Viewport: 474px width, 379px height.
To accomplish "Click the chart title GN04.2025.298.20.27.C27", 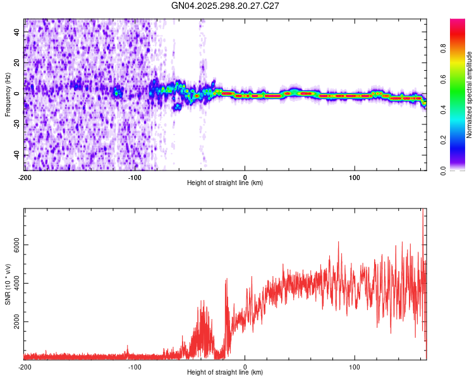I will (226, 6).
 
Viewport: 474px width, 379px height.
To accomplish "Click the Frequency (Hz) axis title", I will (8, 95).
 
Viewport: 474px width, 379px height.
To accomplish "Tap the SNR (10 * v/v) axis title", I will (8, 284).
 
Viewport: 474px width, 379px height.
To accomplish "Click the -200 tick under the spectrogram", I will (25, 176).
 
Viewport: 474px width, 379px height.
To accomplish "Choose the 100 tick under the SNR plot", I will (355, 366).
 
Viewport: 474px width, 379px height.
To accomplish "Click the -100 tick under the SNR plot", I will (135, 366).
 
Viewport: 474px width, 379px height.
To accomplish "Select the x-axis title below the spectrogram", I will (225, 183).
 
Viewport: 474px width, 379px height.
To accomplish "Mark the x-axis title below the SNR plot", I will (225, 373).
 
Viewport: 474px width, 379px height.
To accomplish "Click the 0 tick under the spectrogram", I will (245, 176).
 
